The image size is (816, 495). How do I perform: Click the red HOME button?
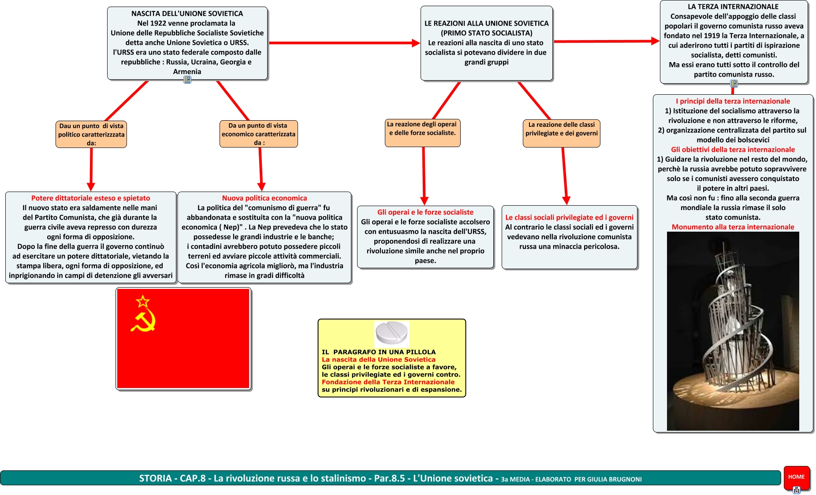796,477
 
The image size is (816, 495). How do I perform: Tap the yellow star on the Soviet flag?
143,301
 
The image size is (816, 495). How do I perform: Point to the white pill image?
391,333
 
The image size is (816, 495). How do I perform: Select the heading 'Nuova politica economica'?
265,198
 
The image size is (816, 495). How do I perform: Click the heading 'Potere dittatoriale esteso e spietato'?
90,198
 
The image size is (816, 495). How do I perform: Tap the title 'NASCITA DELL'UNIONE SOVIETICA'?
187,14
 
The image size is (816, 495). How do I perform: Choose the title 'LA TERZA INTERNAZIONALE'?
733,7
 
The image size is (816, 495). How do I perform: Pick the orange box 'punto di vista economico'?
258,134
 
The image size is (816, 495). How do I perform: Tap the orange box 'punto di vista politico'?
91,134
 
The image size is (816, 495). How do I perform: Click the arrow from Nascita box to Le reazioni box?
344,43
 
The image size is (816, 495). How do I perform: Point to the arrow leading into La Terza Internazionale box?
606,41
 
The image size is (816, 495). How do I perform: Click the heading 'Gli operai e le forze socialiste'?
425,212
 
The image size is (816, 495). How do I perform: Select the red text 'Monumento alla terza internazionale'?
733,227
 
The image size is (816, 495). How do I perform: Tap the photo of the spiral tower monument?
733,330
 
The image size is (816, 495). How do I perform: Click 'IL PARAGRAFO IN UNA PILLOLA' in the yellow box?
379,352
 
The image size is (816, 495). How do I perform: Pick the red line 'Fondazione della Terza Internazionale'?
388,382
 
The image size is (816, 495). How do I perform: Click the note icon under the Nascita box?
187,80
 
